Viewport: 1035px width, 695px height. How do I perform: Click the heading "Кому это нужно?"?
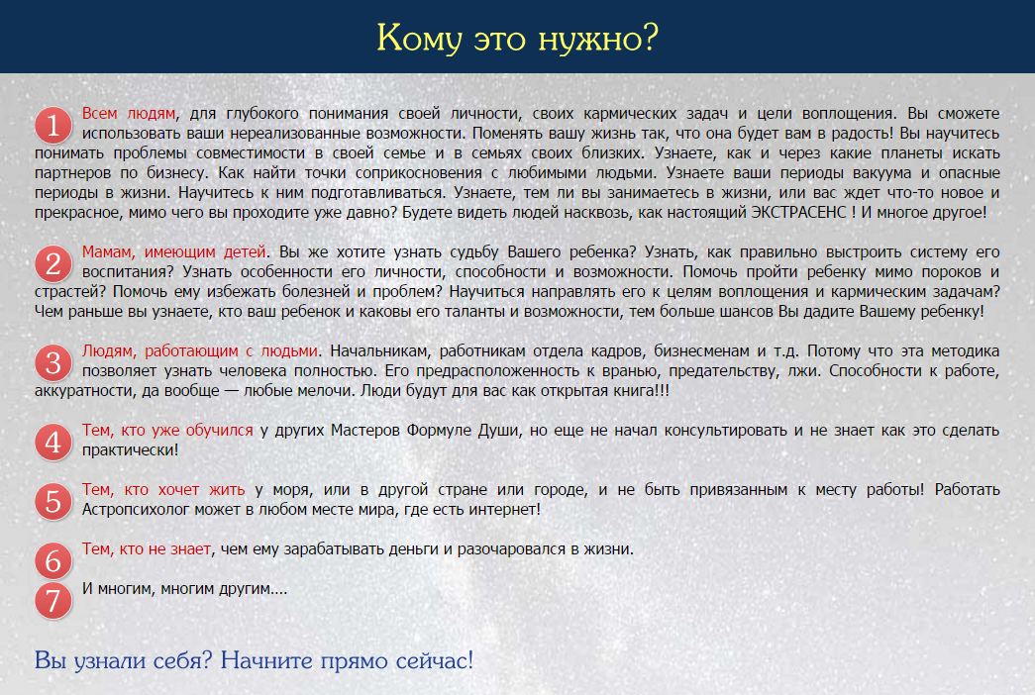pyautogui.click(x=517, y=39)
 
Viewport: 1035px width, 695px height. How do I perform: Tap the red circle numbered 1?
pyautogui.click(x=53, y=126)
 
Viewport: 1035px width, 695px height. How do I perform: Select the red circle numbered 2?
pyautogui.click(x=53, y=264)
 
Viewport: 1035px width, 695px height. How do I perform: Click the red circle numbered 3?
pyautogui.click(x=53, y=363)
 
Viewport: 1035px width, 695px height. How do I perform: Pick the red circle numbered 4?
pyautogui.click(x=53, y=443)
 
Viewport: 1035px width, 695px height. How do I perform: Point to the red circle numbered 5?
pyautogui.click(x=53, y=502)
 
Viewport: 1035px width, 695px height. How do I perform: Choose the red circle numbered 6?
pyautogui.click(x=53, y=561)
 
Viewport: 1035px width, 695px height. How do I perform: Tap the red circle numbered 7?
pyautogui.click(x=53, y=601)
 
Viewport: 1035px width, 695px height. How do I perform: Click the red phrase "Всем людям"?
pyautogui.click(x=129, y=114)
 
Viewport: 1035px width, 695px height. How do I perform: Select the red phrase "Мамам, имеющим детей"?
pyautogui.click(x=173, y=252)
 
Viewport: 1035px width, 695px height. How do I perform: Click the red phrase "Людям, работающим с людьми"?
pyautogui.click(x=199, y=351)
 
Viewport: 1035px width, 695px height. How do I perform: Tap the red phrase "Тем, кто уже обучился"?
pyautogui.click(x=167, y=431)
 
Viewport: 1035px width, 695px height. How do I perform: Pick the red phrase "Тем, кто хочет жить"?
pyautogui.click(x=163, y=490)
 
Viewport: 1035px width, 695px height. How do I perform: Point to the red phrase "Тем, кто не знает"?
pyautogui.click(x=147, y=549)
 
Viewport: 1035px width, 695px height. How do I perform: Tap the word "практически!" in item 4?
pyautogui.click(x=130, y=450)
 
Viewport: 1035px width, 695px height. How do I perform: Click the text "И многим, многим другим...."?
pyautogui.click(x=185, y=589)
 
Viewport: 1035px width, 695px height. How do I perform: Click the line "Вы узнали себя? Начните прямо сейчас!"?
pyautogui.click(x=255, y=660)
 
